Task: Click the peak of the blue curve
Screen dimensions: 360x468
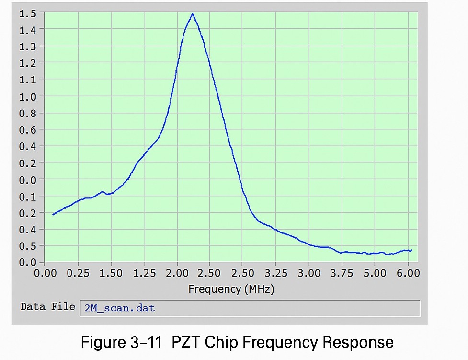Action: (x=193, y=14)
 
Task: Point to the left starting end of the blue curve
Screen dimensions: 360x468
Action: (x=53, y=214)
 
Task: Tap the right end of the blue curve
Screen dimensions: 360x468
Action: (x=411, y=250)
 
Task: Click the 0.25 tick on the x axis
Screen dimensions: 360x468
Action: (x=78, y=273)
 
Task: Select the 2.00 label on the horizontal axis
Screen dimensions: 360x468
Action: (x=178, y=273)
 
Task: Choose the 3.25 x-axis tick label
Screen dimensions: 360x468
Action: (x=276, y=273)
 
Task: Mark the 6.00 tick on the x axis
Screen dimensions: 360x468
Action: (x=408, y=273)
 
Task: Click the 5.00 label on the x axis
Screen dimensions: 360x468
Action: (x=375, y=273)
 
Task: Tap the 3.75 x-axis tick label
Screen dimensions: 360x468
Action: (x=342, y=273)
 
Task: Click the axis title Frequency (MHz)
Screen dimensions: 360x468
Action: (x=231, y=289)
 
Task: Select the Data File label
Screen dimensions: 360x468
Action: (x=47, y=307)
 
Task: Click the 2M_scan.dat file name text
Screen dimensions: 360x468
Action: (x=120, y=308)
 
